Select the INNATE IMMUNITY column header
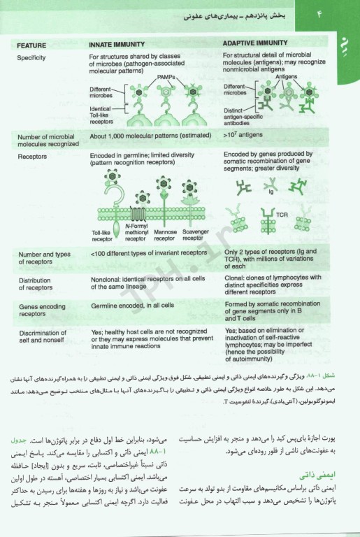tap(120, 43)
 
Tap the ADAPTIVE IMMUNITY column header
tap(255, 43)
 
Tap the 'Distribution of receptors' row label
tap(36, 284)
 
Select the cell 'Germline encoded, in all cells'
tap(132, 306)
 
